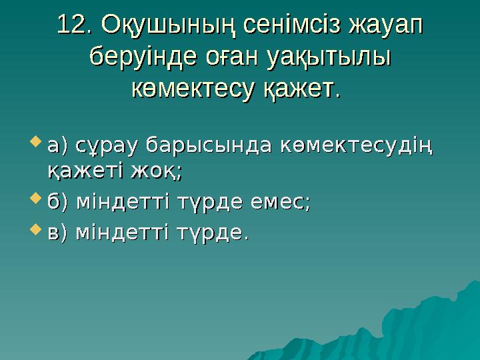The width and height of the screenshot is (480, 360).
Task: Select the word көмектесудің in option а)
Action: click(357, 145)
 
